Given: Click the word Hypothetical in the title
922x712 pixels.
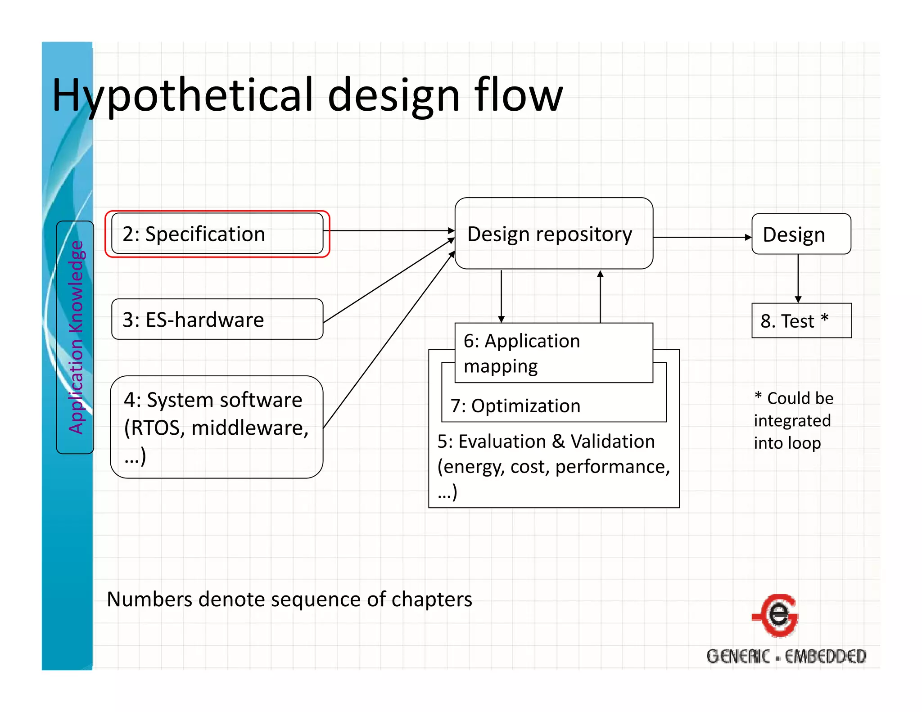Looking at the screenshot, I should [182, 95].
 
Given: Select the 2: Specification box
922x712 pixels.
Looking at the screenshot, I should [217, 234].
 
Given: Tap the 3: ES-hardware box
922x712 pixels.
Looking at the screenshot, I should [217, 319].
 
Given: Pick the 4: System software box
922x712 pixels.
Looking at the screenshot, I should [217, 427].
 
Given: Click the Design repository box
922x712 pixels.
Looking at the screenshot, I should [554, 234].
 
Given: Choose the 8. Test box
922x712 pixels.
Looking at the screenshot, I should [801, 320].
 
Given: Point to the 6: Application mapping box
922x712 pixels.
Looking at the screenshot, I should [554, 353].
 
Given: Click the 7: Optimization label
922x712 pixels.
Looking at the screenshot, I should [515, 406].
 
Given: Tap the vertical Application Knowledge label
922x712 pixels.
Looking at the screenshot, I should [76, 337].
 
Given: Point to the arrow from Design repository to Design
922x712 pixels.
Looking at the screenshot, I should [702, 237].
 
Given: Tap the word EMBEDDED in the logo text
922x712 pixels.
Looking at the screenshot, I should [826, 657].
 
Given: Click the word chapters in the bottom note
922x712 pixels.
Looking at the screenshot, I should [432, 599].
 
